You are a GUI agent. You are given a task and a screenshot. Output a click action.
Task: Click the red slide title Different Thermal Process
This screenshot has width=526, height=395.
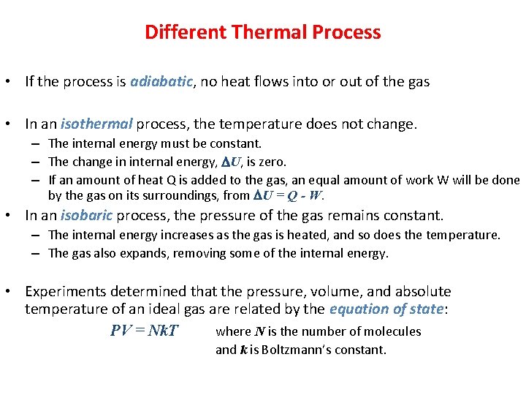(x=262, y=32)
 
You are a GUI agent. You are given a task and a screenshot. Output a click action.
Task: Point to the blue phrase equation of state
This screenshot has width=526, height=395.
(x=386, y=309)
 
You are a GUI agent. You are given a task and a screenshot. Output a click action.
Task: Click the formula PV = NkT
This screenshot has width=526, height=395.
(x=144, y=331)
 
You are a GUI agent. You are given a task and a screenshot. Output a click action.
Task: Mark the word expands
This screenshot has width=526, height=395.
(x=123, y=253)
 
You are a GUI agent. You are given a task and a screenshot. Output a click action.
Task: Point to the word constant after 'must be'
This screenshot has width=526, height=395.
(x=238, y=143)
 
